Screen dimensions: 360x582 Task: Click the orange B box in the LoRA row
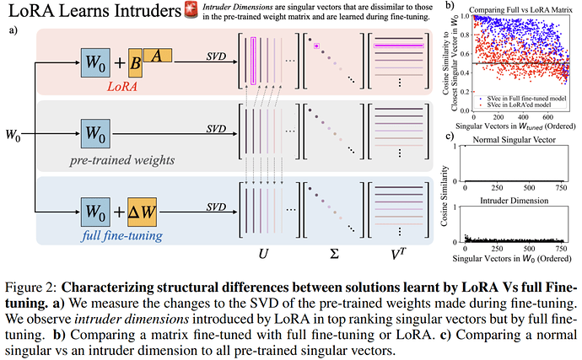pos(130,65)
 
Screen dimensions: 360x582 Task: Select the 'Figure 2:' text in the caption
pos(33,274)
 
